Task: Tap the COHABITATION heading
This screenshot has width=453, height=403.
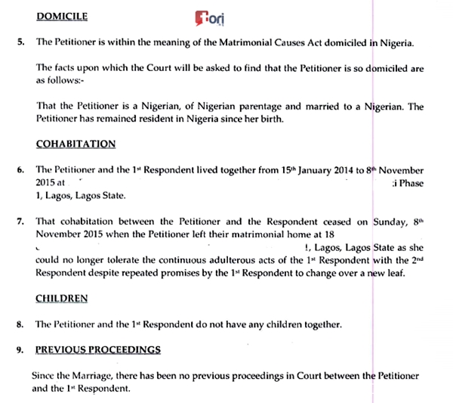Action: pyautogui.click(x=75, y=144)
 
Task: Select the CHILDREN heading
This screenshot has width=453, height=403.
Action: pyautogui.click(x=61, y=299)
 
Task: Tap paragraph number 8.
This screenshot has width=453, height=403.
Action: pyautogui.click(x=21, y=324)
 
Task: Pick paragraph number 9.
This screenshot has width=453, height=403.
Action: pyautogui.click(x=21, y=349)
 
